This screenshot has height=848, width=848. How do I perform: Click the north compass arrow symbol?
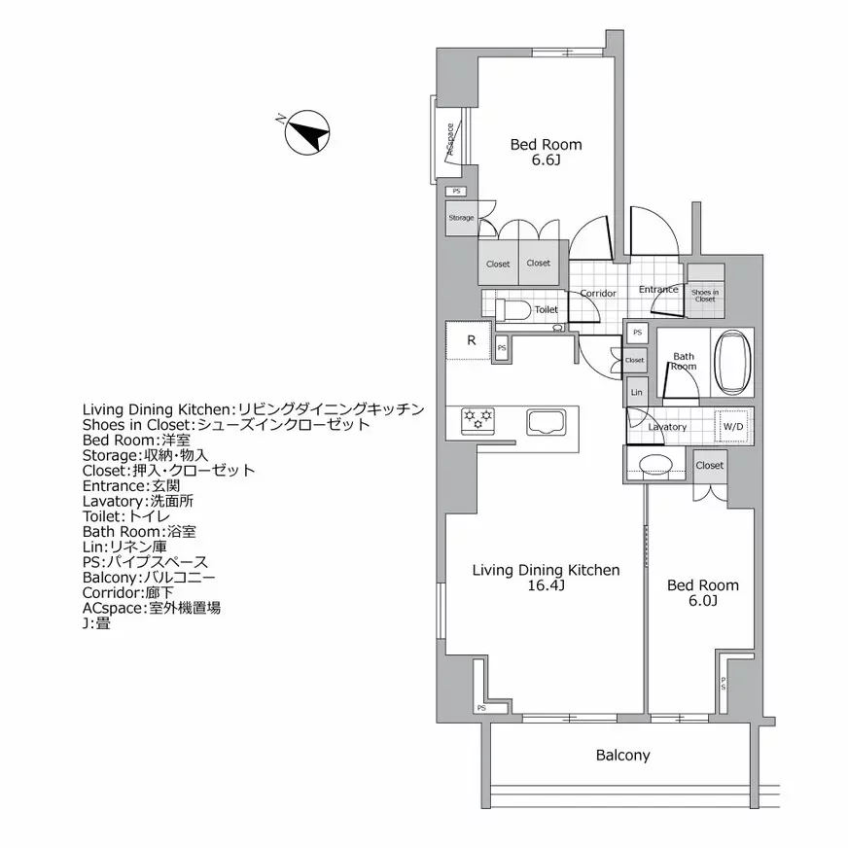[309, 132]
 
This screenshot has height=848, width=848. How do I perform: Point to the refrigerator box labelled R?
[471, 340]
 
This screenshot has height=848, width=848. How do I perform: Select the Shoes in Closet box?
[705, 295]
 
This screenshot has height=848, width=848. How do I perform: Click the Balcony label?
[622, 755]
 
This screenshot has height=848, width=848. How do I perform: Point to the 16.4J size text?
[546, 586]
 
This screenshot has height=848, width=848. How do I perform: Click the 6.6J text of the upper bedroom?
[546, 161]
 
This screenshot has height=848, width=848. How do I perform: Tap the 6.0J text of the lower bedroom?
[701, 601]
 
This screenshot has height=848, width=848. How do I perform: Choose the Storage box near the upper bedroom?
[462, 218]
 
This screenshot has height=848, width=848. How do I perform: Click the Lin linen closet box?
[636, 392]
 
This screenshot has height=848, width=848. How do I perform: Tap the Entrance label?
[658, 289]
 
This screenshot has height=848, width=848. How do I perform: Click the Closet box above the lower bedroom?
[710, 466]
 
